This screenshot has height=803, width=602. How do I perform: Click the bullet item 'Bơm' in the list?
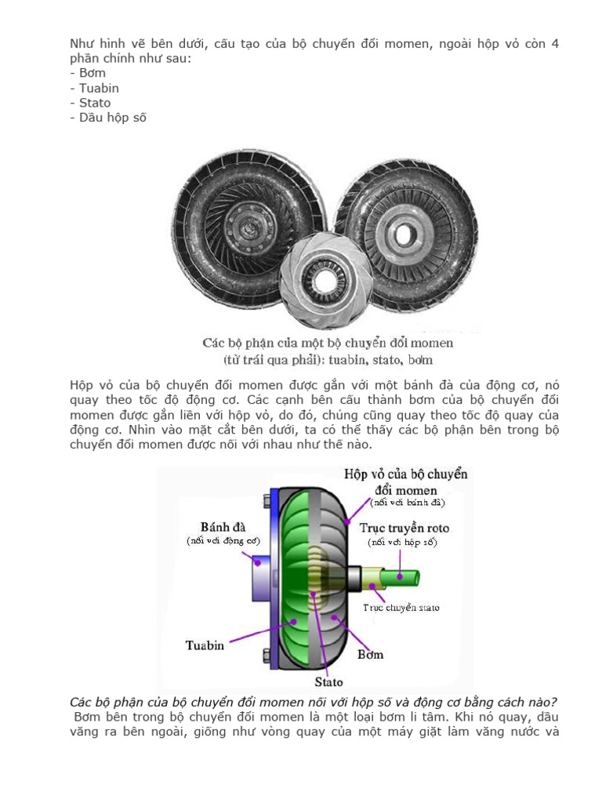[x=92, y=73]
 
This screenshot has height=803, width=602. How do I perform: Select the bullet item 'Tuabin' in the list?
[x=98, y=88]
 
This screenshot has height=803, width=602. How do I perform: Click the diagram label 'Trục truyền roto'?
[x=404, y=528]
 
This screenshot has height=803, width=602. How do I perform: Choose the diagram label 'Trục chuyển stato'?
[x=401, y=607]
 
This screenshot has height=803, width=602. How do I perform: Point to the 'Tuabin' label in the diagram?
[x=205, y=645]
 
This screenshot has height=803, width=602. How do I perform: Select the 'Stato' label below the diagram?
[x=328, y=681]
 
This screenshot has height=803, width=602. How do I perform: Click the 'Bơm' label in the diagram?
[x=370, y=653]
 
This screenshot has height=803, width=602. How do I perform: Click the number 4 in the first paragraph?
[x=554, y=43]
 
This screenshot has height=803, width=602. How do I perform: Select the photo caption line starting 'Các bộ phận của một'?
[x=328, y=343]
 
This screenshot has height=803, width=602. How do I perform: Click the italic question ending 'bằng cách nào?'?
[x=314, y=701]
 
